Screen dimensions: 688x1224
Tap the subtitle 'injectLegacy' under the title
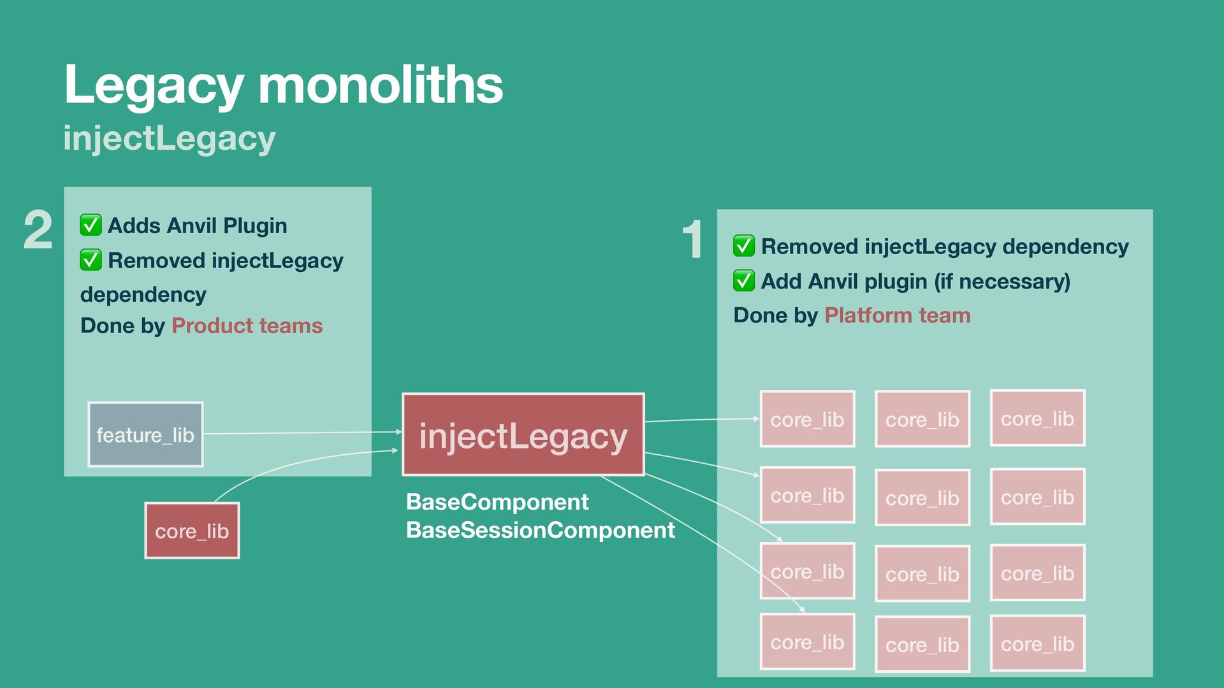pyautogui.click(x=170, y=138)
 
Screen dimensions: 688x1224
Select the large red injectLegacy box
pyautogui.click(x=523, y=434)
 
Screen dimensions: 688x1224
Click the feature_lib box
pyautogui.click(x=145, y=434)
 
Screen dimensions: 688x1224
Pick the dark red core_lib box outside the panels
pyautogui.click(x=192, y=531)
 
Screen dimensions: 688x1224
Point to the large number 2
pyautogui.click(x=38, y=230)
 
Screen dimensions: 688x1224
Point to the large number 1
pyautogui.click(x=692, y=240)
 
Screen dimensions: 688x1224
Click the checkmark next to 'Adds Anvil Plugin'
pyautogui.click(x=91, y=225)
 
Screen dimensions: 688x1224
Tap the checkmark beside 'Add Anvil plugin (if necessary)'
pyautogui.click(x=743, y=280)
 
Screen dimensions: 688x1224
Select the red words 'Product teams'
pyautogui.click(x=247, y=326)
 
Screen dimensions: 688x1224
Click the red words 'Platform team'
pyautogui.click(x=897, y=315)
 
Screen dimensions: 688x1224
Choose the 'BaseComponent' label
pyautogui.click(x=497, y=502)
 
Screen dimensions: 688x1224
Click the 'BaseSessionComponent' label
pyautogui.click(x=540, y=530)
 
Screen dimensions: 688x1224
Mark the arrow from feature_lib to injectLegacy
pyautogui.click(x=300, y=433)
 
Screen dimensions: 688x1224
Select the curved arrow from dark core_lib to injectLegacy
pyautogui.click(x=287, y=464)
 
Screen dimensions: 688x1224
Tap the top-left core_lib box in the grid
pyautogui.click(x=807, y=419)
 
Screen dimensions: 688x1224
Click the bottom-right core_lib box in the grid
pyautogui.click(x=1037, y=643)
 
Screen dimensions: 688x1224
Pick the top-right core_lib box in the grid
pyautogui.click(x=1037, y=419)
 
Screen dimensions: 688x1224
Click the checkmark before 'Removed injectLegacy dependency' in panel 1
pyautogui.click(x=743, y=246)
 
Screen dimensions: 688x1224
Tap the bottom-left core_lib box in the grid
pyautogui.click(x=807, y=642)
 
